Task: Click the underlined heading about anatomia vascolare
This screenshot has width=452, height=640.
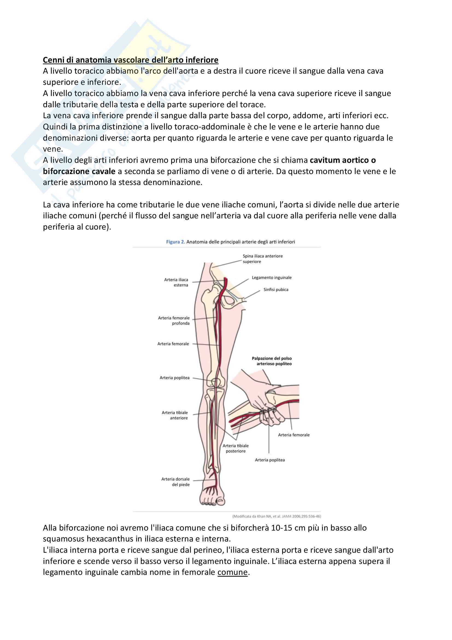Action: point(131,60)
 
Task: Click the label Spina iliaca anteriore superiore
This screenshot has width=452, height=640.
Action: point(262,259)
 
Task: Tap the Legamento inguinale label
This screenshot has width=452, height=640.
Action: point(271,278)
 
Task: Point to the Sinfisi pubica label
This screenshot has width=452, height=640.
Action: point(275,289)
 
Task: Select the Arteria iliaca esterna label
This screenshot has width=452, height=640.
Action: point(176,282)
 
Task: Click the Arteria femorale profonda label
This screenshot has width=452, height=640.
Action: point(174,321)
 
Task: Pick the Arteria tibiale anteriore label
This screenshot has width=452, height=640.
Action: point(175,415)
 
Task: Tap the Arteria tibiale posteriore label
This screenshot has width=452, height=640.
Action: point(236,448)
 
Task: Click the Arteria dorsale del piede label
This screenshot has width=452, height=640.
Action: point(176,482)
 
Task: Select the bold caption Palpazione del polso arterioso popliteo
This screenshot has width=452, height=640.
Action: point(272,361)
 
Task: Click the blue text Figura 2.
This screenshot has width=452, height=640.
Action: point(175,242)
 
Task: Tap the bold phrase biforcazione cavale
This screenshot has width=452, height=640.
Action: point(79,172)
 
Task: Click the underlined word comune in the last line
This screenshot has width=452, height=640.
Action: point(232,572)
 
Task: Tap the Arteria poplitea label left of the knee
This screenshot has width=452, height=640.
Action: point(175,378)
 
